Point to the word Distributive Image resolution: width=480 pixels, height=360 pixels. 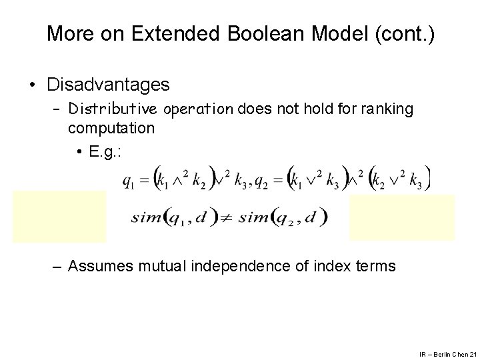click(x=110, y=109)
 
